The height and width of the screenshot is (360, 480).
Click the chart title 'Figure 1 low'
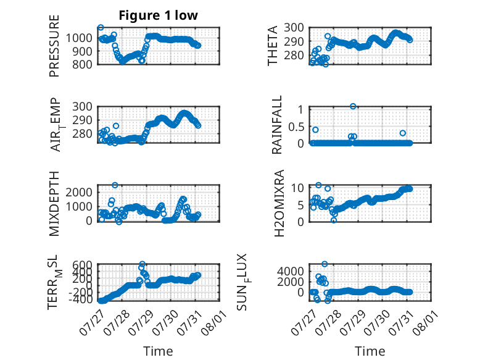159,15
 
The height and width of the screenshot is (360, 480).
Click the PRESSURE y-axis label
54,46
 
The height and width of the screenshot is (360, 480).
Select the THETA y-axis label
272,46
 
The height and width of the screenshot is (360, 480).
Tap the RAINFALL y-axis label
276,125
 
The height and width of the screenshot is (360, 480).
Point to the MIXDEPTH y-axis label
54,204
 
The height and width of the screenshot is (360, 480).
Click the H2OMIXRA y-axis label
279,203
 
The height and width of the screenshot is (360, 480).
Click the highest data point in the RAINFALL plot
353,106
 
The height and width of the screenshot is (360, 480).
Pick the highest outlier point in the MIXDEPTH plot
115,185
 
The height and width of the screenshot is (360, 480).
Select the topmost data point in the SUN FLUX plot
325,264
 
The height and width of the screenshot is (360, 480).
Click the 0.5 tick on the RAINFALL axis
296,127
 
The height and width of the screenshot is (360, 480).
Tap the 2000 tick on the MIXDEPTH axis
79,193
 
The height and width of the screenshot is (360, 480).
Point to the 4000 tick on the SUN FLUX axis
291,271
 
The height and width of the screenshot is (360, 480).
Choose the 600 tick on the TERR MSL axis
82,265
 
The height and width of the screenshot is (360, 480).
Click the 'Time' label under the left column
159,351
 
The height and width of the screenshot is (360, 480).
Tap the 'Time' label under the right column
370,351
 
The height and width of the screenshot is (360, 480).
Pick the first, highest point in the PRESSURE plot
101,28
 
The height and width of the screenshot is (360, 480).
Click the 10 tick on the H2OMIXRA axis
297,188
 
